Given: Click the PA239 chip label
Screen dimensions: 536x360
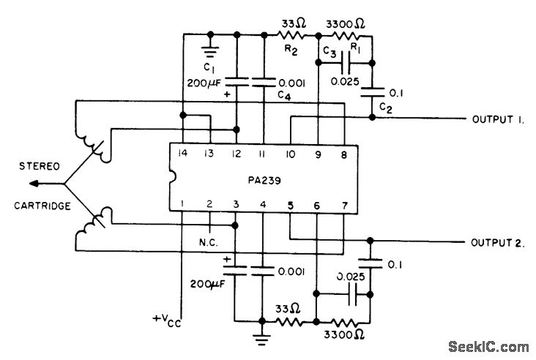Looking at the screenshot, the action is pos(264,180).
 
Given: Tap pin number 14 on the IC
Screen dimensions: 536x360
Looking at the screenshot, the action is pos(183,153).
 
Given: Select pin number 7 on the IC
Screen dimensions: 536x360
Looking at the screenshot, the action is pos(345,206).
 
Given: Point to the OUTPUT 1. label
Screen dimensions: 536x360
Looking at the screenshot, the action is pos(498,119).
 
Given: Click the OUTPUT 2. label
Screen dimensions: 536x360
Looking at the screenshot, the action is pos(497,243).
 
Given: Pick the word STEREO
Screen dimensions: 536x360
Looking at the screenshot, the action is pos(40,166).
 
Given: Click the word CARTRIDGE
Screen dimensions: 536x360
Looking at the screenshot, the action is pos(42,206).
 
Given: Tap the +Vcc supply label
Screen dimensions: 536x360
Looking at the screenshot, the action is pos(167,320).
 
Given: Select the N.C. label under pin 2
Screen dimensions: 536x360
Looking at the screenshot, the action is pos(209,242).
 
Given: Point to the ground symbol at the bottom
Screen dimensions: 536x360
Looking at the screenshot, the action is pos(262,340).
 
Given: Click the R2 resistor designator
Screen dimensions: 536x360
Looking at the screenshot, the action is pos(291,50).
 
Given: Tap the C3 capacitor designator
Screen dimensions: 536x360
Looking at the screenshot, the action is pos(330,52).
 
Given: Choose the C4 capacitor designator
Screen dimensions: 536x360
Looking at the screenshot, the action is pos(284,95).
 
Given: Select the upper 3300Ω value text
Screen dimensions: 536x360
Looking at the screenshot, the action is pos(346,24).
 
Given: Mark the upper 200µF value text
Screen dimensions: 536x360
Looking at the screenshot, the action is pos(204,83).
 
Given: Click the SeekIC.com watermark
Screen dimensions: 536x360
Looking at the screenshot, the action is pos(488,346).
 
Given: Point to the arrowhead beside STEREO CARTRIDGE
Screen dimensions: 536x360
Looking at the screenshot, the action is pos(34,184).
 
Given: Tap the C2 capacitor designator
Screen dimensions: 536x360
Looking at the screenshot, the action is pos(386,108).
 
